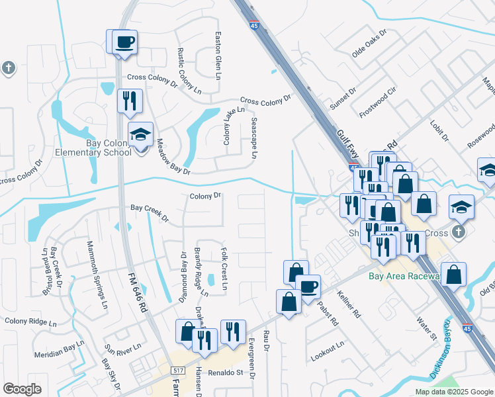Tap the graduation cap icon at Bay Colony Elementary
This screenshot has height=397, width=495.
(x=140, y=135)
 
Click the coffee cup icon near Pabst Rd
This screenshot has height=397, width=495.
(x=308, y=287)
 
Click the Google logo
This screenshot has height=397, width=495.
(x=22, y=388)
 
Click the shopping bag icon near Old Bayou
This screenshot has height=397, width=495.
(x=453, y=275)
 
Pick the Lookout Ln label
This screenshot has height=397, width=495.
(x=328, y=350)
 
